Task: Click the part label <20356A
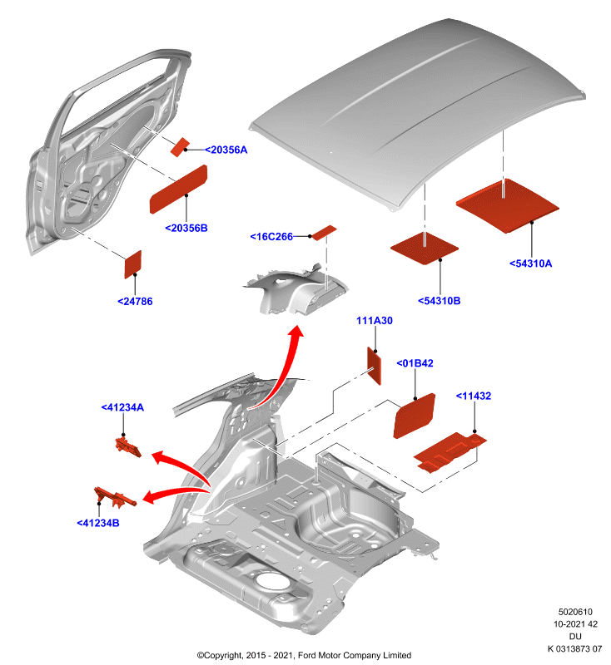pos(226,150)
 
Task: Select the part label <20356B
pos(186,228)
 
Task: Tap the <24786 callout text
pos(135,302)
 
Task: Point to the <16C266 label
pos(271,237)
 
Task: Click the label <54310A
pos(531,264)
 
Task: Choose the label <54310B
pos(439,301)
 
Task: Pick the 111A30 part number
pos(375,321)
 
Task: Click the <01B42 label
pos(415,363)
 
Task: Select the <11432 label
pos(474,397)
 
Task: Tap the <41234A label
pos(122,407)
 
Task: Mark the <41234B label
pos(98,524)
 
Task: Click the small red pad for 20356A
pos(180,147)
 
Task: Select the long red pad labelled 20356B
pos(178,190)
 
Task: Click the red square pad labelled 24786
pos(132,264)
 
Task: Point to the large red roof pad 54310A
pos(508,205)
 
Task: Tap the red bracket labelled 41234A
pos(128,448)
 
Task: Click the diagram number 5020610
pos(575,612)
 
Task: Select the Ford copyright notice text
pos(304,655)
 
